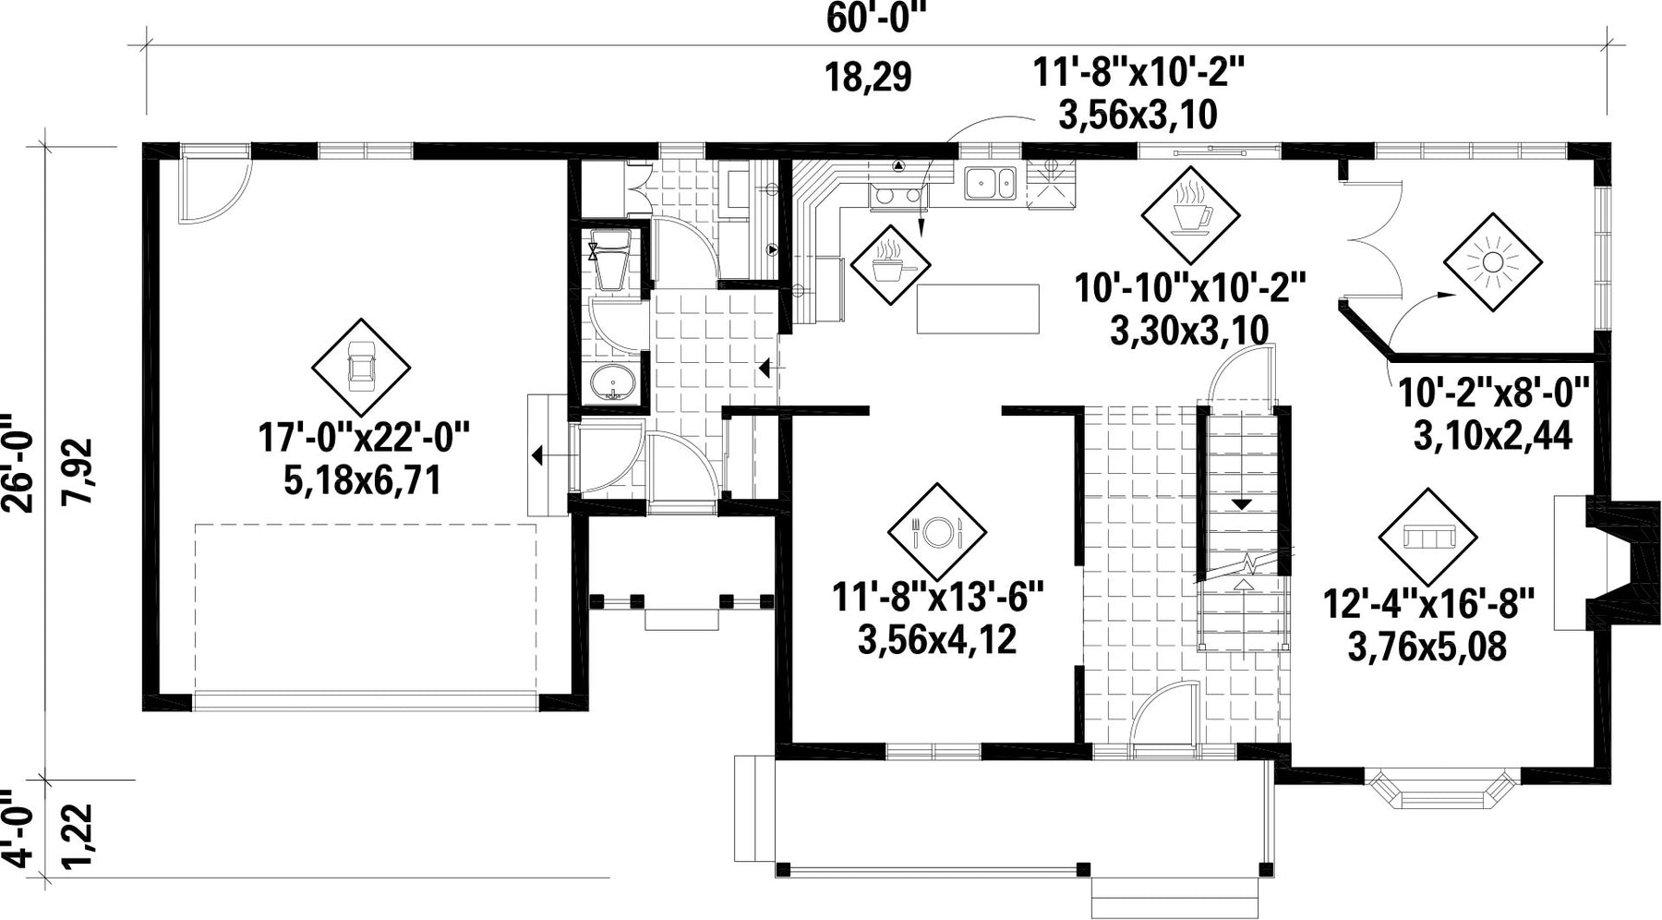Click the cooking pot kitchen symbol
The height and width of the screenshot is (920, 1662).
click(x=889, y=266)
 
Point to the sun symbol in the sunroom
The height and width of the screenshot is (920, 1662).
click(x=1492, y=262)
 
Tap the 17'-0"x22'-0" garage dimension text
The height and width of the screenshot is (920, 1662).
click(x=364, y=437)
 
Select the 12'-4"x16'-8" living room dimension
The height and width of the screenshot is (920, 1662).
click(x=1429, y=605)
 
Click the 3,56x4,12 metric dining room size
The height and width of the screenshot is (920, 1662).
click(x=937, y=639)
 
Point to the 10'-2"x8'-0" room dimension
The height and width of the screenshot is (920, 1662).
click(x=1492, y=393)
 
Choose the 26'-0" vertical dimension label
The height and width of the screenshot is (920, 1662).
click(x=19, y=461)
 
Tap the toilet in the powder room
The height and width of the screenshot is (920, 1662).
click(x=610, y=262)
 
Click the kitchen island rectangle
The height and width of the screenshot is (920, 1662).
click(x=978, y=309)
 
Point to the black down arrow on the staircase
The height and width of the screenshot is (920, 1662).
click(x=1243, y=504)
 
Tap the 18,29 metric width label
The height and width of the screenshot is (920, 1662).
click(x=869, y=78)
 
